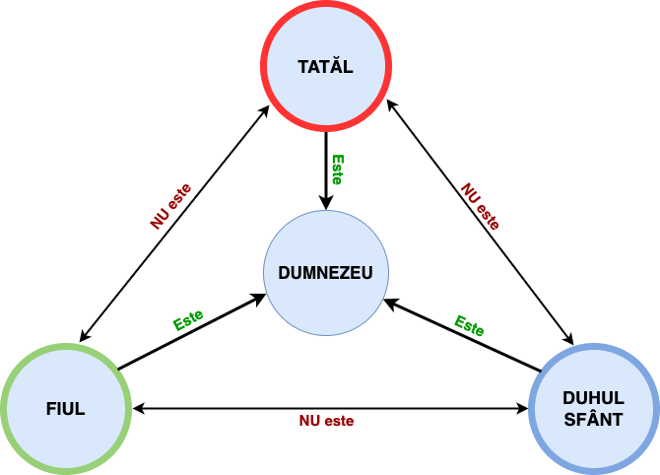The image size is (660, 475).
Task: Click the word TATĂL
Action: pyautogui.click(x=325, y=67)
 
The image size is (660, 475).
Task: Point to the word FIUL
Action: pyautogui.click(x=66, y=409)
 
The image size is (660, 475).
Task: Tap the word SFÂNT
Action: pyautogui.click(x=593, y=419)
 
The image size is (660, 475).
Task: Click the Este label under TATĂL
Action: pyautogui.click(x=337, y=170)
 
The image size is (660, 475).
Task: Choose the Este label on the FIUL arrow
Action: pyautogui.click(x=188, y=319)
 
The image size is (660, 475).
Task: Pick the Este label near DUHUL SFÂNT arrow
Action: pyautogui.click(x=469, y=325)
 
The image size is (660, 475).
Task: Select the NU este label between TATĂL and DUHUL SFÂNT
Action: pyautogui.click(x=480, y=205)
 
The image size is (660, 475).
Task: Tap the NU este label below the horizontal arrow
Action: pyautogui.click(x=326, y=421)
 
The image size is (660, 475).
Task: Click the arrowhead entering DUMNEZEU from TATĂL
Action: pyautogui.click(x=325, y=201)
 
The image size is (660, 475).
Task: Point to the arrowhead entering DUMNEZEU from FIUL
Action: pyautogui.click(x=259, y=296)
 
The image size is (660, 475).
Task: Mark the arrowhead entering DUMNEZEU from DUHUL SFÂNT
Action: pyautogui.click(x=390, y=302)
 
